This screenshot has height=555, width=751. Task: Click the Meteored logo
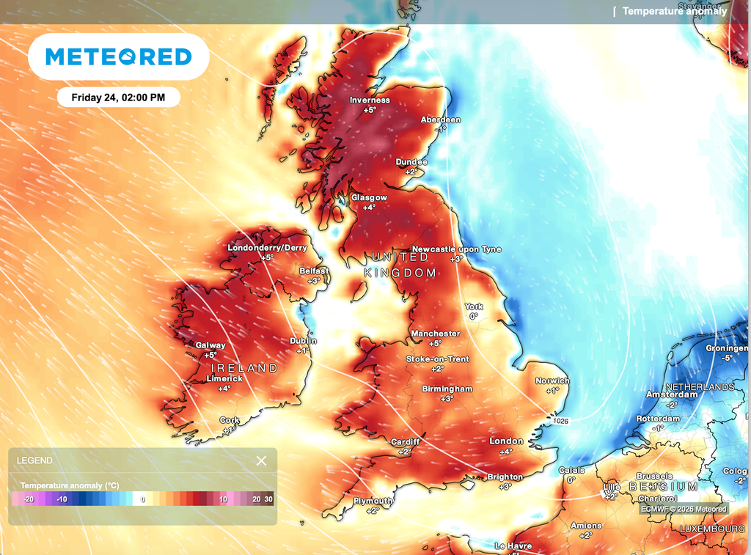coord(118,56)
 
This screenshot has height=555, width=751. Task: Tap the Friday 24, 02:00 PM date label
coord(118,97)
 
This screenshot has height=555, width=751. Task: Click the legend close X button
coord(261,460)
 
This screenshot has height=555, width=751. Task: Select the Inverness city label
coord(370,100)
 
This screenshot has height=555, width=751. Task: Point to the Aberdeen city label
coord(440,120)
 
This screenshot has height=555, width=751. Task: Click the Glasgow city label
coord(368,198)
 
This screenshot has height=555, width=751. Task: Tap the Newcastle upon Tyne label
coord(456,249)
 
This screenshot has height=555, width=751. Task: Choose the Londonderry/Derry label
coord(267,248)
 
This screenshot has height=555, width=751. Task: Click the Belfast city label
coord(314,271)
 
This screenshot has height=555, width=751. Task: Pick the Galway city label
coord(210,345)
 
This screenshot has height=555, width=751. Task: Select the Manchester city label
coord(435,334)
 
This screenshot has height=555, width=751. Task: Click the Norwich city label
coord(552,381)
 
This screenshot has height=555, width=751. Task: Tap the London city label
coord(506,441)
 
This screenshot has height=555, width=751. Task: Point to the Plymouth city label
coord(373,501)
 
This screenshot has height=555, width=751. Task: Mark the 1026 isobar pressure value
coord(561,421)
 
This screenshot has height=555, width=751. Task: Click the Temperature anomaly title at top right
coord(675,11)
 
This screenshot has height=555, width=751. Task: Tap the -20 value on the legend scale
coord(29,499)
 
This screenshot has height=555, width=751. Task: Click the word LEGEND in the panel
coord(34,460)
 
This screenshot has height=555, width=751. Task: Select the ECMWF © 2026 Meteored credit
coord(683,509)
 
